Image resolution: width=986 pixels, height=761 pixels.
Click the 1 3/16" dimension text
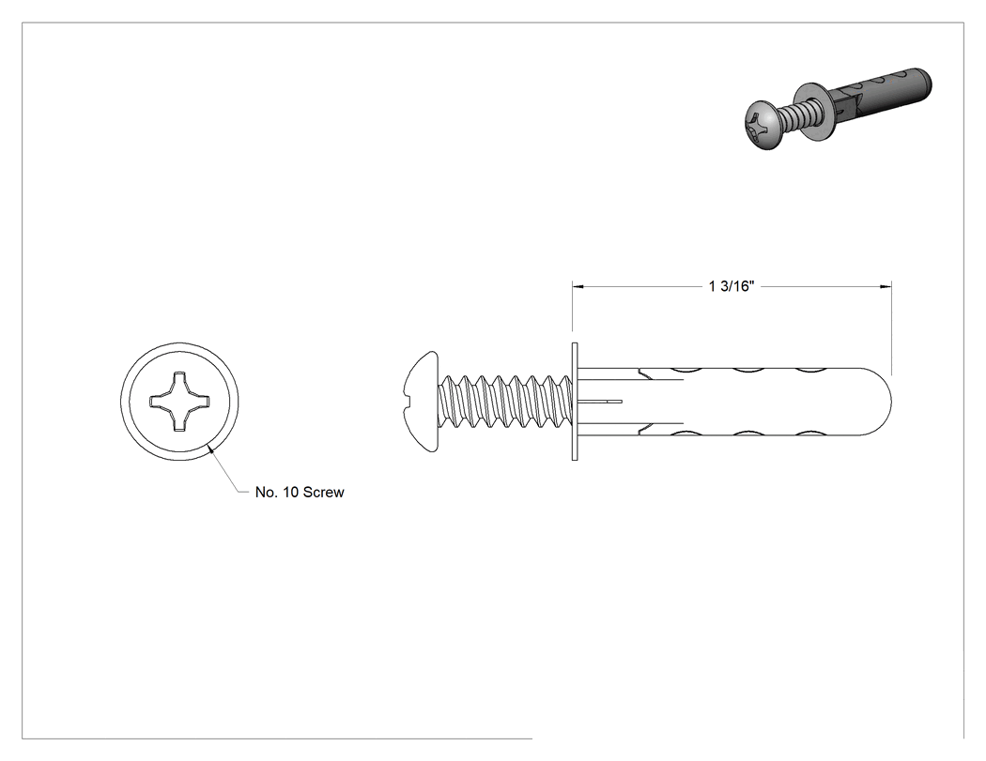click(x=731, y=286)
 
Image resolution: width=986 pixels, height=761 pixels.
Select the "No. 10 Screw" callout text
click(x=300, y=492)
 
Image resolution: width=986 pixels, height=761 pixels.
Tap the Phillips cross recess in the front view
click(x=179, y=401)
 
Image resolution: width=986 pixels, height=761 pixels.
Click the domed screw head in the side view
click(x=422, y=402)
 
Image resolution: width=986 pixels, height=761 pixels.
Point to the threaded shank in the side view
click(x=505, y=402)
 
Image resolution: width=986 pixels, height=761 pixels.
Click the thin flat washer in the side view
click(x=575, y=402)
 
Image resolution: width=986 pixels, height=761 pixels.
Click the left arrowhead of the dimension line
click(x=578, y=286)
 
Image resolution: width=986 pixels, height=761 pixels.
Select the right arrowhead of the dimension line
click(x=886, y=286)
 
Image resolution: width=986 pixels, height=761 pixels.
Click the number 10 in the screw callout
click(x=291, y=492)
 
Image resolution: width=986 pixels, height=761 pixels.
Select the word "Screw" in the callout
click(x=323, y=492)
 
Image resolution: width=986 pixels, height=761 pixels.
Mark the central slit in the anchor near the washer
click(x=601, y=401)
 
